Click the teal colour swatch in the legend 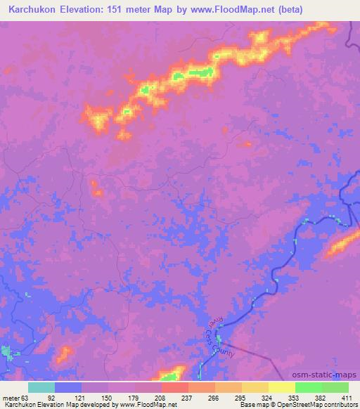click(x=41, y=387)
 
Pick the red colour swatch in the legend click(x=174, y=387)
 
